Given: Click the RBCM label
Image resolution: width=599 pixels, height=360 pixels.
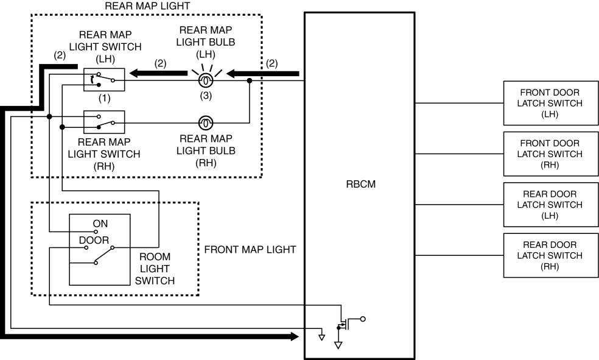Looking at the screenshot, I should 359,185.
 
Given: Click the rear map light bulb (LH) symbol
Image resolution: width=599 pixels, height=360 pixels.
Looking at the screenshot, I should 206,80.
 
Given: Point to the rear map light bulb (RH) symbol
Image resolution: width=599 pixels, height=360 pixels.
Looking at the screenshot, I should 206,124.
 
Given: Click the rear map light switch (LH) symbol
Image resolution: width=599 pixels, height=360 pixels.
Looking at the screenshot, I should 104,80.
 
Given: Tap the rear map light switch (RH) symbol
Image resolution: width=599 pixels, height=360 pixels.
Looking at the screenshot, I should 104,122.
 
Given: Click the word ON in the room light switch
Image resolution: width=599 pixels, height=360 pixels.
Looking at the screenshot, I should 100,224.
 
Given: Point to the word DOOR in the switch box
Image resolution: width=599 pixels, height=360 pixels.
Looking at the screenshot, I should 94,240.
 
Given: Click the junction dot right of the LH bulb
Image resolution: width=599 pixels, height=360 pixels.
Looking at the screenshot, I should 250,80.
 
